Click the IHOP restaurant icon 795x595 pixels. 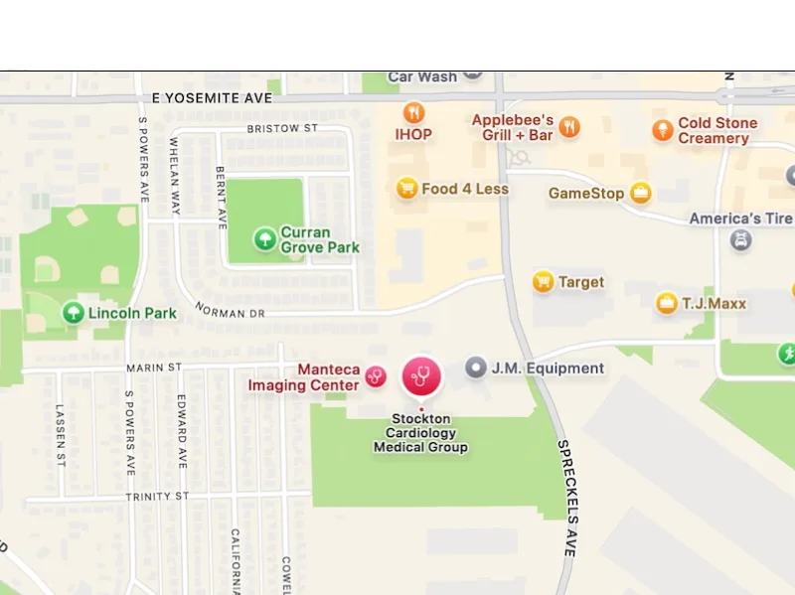pos(414,112)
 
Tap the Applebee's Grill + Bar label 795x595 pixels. pos(512,127)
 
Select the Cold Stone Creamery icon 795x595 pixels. pos(663,130)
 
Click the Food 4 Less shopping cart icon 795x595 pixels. pos(406,188)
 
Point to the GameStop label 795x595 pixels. pos(586,193)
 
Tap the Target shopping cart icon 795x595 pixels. pos(543,282)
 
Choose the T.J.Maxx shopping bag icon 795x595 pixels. pos(667,303)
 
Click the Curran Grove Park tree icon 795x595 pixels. pos(264,238)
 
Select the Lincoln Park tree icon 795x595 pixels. pos(73,313)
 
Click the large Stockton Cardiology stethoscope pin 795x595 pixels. pos(421,375)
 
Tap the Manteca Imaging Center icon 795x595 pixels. pos(376,375)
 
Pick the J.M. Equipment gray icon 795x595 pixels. pos(476,368)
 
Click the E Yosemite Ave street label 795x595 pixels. pos(212,98)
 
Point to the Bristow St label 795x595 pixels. pos(281,129)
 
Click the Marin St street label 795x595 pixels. pos(154,367)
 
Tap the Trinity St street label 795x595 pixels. pos(157,496)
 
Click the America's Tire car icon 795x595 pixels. pos(740,239)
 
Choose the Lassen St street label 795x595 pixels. pos(61,435)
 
